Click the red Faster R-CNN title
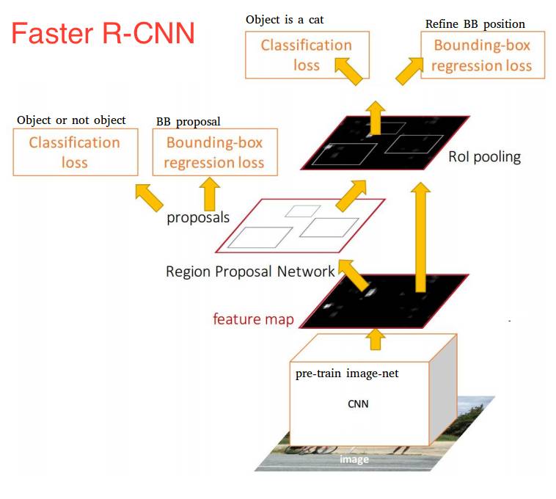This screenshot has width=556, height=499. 103,34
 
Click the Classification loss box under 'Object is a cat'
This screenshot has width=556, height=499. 307,55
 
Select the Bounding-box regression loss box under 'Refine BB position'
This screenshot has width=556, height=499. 482,56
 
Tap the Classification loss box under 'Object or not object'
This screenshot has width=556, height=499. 75,152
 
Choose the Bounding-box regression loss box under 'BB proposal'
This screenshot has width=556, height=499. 214,152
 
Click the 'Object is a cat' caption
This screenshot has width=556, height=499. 285,19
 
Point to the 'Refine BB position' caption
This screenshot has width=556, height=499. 475,23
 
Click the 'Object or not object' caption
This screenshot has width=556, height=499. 71,120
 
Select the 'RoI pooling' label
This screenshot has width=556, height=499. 484,156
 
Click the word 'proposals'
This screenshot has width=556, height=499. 198,217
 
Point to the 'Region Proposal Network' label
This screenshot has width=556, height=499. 250,272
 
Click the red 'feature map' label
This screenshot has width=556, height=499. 253,319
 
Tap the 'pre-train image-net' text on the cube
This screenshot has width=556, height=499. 347,374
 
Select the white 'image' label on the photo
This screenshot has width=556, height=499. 354,459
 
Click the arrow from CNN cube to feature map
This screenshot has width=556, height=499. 376,338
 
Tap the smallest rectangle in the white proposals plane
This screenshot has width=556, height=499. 299,211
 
